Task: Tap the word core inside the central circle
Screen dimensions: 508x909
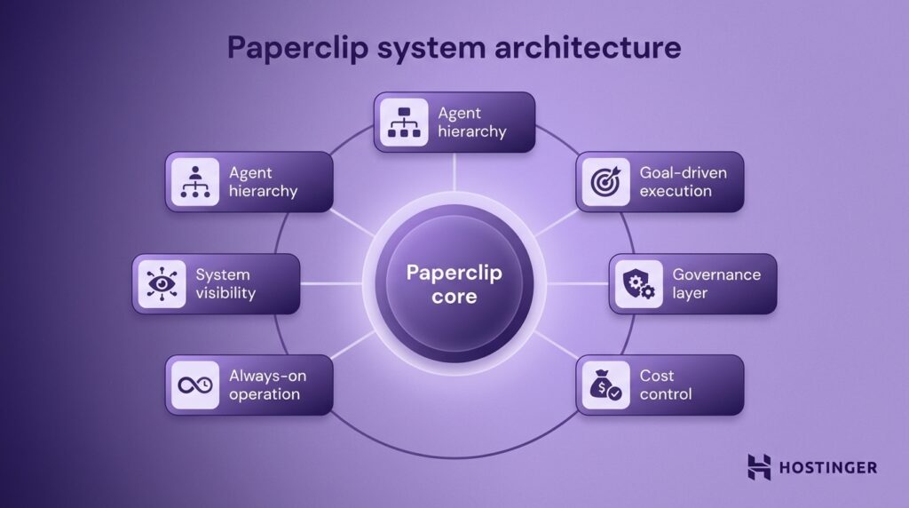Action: click(454, 296)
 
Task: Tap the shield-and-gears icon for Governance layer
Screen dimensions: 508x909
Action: click(636, 283)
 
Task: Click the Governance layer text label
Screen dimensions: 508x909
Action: click(716, 283)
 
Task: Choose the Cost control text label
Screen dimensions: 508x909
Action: click(666, 385)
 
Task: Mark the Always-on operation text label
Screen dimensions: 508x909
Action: click(267, 385)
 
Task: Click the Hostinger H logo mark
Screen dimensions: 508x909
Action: click(759, 466)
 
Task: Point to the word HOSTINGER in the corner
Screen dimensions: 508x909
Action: click(829, 467)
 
